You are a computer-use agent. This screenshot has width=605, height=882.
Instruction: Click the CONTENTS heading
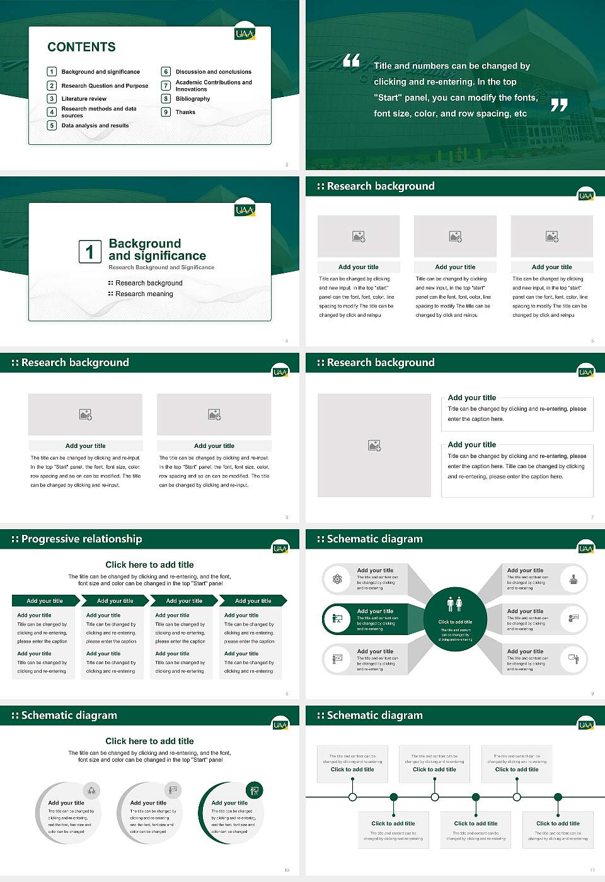81,47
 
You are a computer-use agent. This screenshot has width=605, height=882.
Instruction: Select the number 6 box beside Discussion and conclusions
166,72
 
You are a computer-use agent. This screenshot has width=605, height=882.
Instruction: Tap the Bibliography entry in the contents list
193,99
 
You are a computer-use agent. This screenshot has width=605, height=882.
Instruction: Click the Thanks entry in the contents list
185,112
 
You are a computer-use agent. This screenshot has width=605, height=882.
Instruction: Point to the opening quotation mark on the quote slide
351,60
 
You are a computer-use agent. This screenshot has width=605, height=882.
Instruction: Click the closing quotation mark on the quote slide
559,105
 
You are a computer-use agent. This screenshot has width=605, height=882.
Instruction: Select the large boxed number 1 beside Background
89,251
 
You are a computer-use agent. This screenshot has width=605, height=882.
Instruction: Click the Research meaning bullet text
144,294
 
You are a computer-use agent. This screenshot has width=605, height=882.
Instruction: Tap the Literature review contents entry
84,99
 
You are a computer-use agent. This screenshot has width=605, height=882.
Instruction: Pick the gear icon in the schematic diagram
337,579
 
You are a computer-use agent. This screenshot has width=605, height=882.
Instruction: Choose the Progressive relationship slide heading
81,539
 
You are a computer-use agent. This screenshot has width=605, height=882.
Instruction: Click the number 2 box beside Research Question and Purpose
52,86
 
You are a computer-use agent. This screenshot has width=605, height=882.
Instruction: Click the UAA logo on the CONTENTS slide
245,34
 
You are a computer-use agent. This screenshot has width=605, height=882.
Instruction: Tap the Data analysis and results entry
95,126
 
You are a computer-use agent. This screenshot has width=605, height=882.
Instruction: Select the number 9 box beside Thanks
166,112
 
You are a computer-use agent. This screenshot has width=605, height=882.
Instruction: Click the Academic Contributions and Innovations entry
214,86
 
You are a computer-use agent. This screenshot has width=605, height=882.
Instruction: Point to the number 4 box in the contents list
52,112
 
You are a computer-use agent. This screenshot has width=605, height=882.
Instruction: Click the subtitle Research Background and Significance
161,268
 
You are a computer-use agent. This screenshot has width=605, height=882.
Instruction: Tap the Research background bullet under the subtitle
149,283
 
